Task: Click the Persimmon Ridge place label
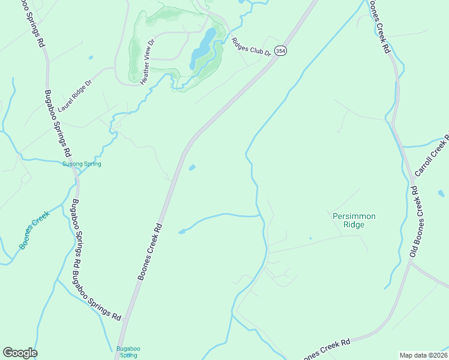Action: tap(348, 220)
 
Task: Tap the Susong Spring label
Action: tap(82, 164)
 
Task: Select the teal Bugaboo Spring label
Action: tap(127, 352)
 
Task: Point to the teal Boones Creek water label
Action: tap(33, 233)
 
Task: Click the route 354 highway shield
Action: tap(281, 51)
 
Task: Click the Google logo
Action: tap(20, 353)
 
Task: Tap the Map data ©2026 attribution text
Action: tap(423, 355)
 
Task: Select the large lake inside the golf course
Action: tap(202, 49)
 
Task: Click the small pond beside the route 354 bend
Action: tap(191, 167)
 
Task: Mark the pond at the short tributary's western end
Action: tap(181, 232)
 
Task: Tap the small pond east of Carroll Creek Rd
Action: tap(441, 193)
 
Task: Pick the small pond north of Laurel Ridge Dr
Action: tap(90, 58)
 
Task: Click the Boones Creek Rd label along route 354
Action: tap(150, 252)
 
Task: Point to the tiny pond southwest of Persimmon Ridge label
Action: tap(310, 238)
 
